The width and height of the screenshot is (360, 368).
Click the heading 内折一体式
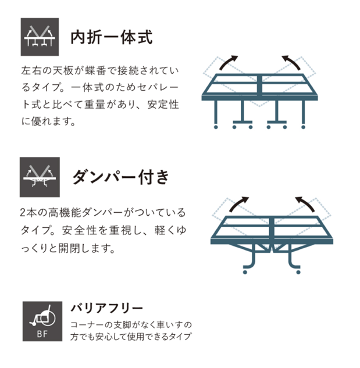point(112,37)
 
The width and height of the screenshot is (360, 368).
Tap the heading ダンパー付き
point(121,177)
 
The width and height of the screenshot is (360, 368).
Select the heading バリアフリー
point(107,308)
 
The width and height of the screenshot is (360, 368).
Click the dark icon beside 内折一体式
point(40,37)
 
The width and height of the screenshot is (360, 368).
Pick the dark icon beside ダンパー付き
point(40,177)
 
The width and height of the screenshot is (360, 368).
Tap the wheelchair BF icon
point(42,321)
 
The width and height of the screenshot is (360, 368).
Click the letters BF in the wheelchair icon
point(42,334)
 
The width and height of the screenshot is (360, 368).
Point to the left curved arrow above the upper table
point(227,61)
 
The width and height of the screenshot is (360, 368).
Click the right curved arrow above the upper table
point(292,61)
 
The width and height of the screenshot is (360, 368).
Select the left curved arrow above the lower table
point(238,203)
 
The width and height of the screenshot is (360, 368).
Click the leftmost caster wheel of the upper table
point(216,127)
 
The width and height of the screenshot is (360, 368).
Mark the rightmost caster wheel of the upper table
point(303,127)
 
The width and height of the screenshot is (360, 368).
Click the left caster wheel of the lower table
point(245,272)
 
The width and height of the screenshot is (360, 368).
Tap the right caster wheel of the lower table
point(298,272)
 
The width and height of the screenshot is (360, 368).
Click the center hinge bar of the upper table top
point(259,85)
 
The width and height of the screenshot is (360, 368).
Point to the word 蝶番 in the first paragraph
point(95,71)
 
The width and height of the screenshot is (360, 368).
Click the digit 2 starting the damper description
point(23,213)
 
